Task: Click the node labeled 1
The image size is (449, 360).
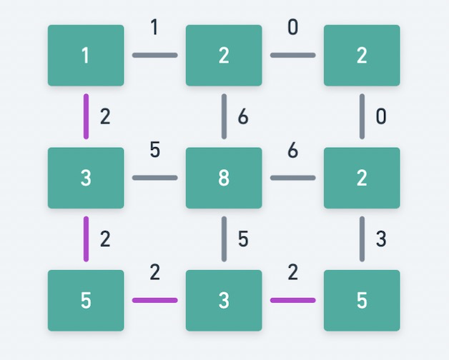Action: [86, 56]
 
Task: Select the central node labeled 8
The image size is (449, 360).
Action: [224, 178]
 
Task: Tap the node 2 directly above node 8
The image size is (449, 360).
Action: [224, 56]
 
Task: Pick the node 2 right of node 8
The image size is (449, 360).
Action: [362, 178]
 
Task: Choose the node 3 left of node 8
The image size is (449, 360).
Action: [86, 178]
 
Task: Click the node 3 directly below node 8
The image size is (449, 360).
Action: [224, 300]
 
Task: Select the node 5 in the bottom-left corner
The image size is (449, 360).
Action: [86, 300]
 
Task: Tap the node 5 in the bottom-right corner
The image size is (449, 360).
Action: [362, 300]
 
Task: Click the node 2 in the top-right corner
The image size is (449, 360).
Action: [362, 56]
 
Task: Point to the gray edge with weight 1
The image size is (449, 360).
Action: [154, 55]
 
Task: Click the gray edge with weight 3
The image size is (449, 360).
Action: [362, 239]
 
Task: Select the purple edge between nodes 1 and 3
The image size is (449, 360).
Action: [86, 116]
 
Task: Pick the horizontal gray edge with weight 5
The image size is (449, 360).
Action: [154, 177]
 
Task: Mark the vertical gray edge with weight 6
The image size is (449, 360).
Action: [224, 116]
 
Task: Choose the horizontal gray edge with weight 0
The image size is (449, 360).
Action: [292, 55]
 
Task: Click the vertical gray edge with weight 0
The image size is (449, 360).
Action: [362, 116]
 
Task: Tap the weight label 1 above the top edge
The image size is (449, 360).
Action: [154, 29]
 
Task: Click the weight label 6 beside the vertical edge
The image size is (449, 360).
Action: [243, 116]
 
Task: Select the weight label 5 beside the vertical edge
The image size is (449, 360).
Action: [243, 239]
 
